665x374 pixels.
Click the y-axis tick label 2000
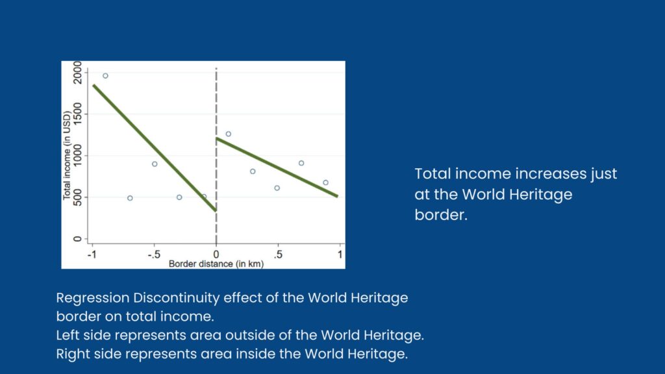(77, 73)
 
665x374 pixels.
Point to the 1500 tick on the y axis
(77, 114)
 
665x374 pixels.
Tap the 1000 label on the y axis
(77, 155)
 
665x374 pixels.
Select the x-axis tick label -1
(92, 255)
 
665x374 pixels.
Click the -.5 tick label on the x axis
(154, 255)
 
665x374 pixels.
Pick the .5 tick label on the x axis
(278, 255)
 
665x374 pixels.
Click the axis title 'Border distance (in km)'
(216, 264)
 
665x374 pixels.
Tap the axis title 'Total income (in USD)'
(67, 155)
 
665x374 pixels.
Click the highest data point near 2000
(106, 76)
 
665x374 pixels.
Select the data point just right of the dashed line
(228, 134)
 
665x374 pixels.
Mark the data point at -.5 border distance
(155, 164)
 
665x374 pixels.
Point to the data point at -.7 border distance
(130, 198)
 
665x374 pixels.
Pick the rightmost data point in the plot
(326, 182)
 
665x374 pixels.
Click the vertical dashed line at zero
(216, 156)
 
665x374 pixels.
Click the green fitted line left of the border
(155, 148)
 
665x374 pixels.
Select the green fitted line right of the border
(277, 167)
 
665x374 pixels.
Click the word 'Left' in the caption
(68, 335)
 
